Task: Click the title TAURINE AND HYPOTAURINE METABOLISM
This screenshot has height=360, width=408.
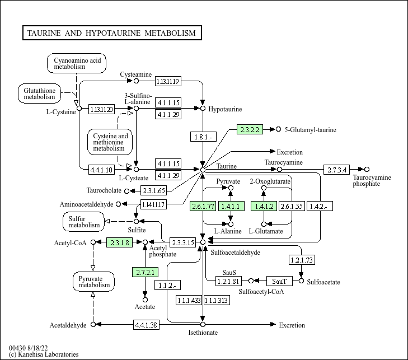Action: pos(111,33)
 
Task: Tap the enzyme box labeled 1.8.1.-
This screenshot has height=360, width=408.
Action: pos(203,137)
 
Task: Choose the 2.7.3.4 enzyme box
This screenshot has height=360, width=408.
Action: pos(337,169)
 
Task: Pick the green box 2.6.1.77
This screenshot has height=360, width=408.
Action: pos(203,207)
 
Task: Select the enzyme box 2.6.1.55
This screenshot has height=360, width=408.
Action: pos(292,207)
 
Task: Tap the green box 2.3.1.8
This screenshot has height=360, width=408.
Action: pos(119,242)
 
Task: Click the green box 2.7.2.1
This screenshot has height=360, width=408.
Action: pos(146,272)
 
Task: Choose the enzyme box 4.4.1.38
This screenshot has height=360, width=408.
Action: pos(146,325)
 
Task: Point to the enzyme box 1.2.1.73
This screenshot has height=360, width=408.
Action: pos(301,260)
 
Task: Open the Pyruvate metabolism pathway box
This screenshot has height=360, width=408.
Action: pos(93,281)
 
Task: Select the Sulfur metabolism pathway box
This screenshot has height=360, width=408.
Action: pos(83,221)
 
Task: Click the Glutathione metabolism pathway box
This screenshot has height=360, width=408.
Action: pos(39,93)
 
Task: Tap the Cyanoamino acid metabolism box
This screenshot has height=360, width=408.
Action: pos(76,63)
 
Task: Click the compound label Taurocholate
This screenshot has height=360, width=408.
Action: pos(104,191)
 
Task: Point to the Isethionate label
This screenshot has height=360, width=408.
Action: pos(203,333)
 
